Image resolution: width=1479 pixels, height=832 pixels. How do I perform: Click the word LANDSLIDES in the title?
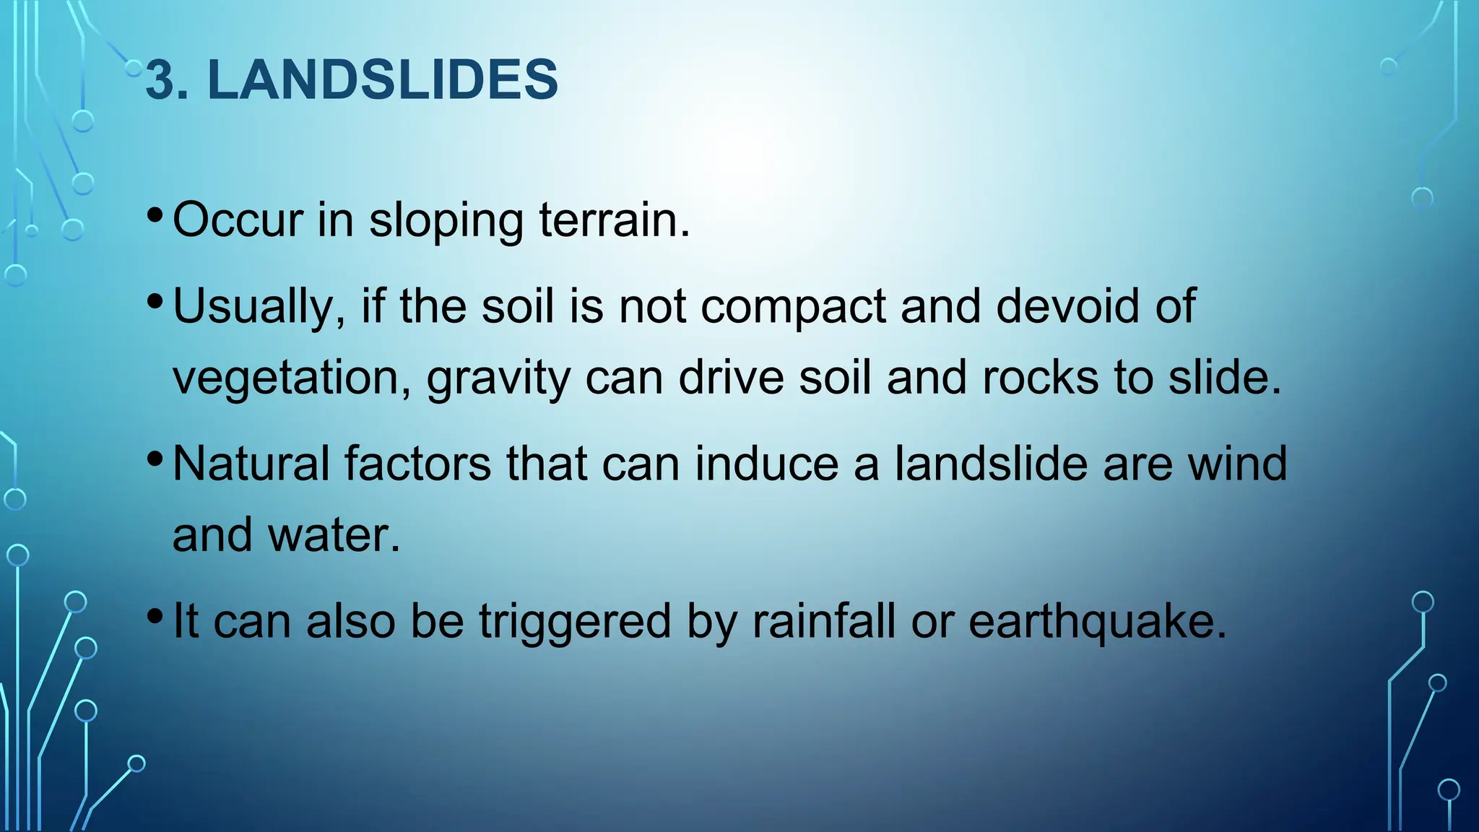tap(383, 79)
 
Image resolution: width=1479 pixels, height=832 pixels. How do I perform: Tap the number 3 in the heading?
tap(160, 79)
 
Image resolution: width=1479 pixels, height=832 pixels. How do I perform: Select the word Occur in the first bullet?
tap(238, 220)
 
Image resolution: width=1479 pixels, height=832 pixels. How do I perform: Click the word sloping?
tap(446, 221)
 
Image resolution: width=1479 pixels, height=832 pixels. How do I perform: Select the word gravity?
tap(498, 378)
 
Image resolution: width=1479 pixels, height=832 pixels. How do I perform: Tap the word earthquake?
tap(1097, 622)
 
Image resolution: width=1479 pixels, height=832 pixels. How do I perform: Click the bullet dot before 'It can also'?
tap(155, 616)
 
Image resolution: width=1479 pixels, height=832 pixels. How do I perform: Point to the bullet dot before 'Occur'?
tap(155, 214)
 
